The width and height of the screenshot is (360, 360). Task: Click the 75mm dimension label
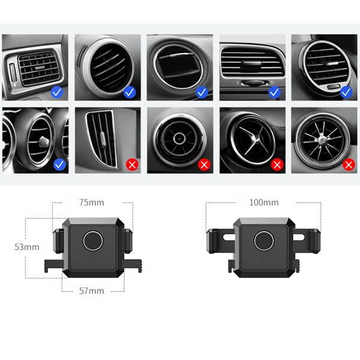pos(92,203)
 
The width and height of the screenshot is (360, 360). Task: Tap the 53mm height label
pos(27,247)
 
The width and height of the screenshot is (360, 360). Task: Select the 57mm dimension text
pos(92,291)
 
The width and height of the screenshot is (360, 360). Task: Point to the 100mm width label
pos(264,203)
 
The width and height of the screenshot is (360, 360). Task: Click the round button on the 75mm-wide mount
pos(93,241)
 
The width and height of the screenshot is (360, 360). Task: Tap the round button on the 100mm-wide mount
pos(264,241)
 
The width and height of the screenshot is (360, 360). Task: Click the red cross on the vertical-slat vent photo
pos(132,164)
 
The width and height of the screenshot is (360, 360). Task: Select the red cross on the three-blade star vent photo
pos(277,164)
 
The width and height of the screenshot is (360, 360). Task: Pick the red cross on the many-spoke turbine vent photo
pos(349,164)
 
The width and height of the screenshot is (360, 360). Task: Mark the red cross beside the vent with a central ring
pos(204,164)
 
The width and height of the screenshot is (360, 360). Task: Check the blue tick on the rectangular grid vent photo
pos(57,92)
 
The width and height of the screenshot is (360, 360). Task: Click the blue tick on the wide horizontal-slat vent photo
pos(275,92)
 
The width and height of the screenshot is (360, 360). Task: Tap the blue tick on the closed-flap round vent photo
pos(202,92)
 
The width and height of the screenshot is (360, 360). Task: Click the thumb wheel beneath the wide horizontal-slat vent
pos(253,83)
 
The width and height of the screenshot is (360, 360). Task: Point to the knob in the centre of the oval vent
pos(44,142)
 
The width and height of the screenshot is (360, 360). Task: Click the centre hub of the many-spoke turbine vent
pos(322,139)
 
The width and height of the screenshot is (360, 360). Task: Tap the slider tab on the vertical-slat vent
pos(103,139)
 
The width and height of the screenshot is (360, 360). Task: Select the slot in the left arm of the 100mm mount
pos(229,238)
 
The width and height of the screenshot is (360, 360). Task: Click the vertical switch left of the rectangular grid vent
pos(13,73)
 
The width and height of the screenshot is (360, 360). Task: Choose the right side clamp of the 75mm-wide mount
pos(128,241)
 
